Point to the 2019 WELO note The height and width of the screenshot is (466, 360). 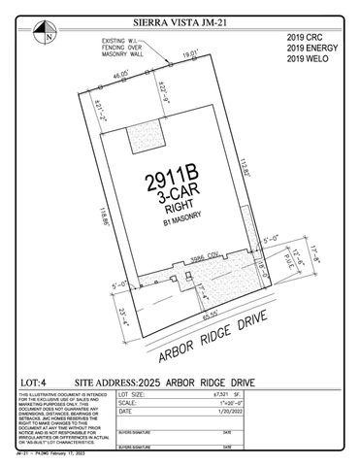click(309, 59)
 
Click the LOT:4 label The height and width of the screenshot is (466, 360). click(33, 383)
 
